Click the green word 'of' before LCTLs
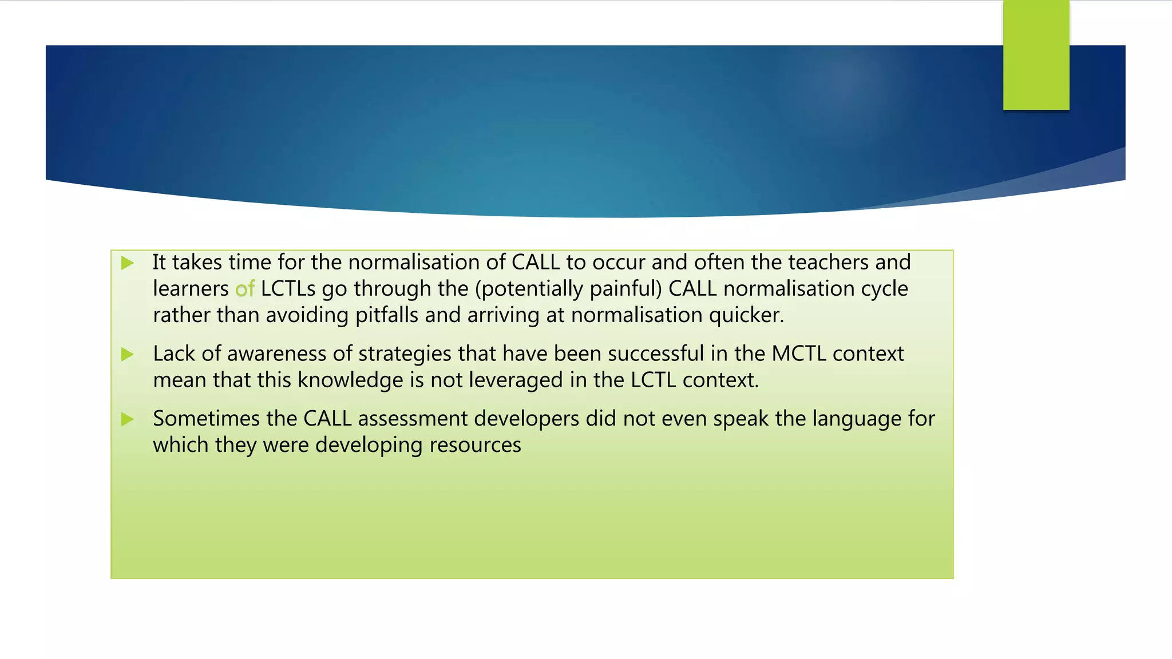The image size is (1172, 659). click(x=244, y=289)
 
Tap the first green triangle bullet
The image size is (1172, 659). click(x=128, y=263)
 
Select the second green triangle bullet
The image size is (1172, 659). click(x=128, y=355)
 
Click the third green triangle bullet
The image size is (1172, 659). click(x=128, y=420)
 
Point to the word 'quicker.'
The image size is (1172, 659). click(x=746, y=315)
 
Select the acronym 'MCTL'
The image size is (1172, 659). click(x=798, y=354)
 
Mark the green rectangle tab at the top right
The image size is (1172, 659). click(x=1036, y=54)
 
